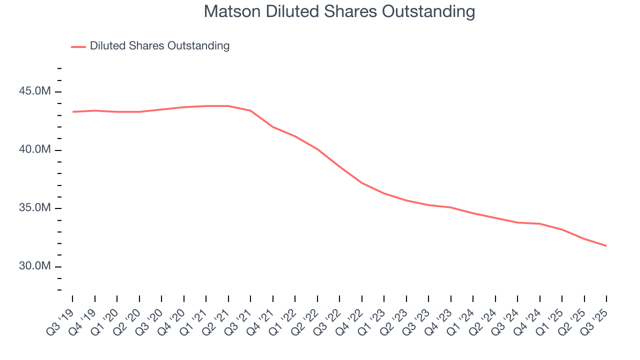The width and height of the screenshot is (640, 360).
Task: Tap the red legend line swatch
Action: pos(78,46)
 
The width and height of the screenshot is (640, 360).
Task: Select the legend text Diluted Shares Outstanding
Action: pos(159,46)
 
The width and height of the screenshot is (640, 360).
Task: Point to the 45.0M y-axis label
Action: pos(35,92)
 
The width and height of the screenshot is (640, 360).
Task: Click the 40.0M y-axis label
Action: pos(35,150)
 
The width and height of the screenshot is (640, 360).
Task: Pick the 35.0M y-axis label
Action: pos(35,208)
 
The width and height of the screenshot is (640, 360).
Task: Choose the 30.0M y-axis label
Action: pos(35,266)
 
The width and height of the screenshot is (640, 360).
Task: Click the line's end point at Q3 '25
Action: pos(606,245)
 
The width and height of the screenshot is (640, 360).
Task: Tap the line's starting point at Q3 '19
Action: pos(72,111)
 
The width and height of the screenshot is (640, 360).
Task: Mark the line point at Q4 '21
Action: pos(273,127)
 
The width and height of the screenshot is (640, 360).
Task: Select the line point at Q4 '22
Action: pos(362,183)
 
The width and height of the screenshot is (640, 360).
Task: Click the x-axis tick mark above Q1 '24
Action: pos(473,298)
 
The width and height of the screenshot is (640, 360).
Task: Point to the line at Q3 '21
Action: pos(250,110)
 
